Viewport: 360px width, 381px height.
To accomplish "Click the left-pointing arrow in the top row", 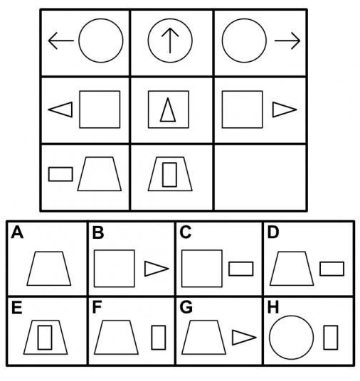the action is [60, 41].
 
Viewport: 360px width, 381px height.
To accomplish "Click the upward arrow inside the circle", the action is [170, 41].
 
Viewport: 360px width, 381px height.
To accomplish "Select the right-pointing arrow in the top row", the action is [287, 41].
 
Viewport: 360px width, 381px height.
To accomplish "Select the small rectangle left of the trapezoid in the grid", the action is [60, 174].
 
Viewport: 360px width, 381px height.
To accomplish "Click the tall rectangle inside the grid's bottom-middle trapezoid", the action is [169, 175].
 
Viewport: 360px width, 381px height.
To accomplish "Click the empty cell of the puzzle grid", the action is [260, 178].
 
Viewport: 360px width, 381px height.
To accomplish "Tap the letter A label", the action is [17, 232].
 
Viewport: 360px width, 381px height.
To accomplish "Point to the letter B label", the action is [98, 232].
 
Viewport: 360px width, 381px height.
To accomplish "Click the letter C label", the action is [186, 232].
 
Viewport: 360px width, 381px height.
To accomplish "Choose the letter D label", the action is [273, 232].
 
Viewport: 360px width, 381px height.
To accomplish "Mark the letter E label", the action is [17, 307].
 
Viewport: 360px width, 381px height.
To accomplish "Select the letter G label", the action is [186, 307].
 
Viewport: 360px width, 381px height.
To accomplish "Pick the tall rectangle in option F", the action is [159, 338].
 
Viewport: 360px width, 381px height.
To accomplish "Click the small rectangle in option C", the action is [240, 269].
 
